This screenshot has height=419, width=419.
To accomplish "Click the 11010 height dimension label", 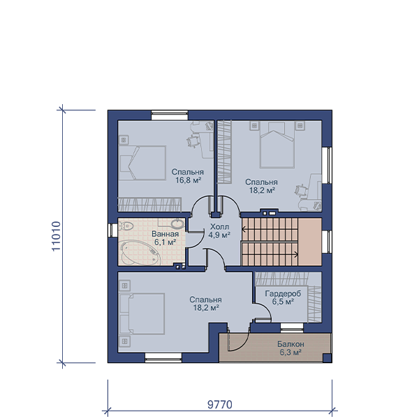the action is point(57,236).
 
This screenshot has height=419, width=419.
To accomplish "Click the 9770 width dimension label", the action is point(220,404).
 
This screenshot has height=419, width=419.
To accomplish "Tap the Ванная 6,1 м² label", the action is point(165,238).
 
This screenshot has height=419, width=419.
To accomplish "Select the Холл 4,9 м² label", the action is point(219,231).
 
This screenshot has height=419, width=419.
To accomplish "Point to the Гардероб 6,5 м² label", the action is point(283,297).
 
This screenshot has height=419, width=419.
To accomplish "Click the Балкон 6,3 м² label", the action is point(291,348).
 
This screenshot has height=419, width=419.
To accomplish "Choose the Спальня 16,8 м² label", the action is point(188,176).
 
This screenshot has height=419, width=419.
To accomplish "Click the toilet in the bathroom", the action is point(125,226).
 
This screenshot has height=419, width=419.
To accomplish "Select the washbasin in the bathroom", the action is point(177,223).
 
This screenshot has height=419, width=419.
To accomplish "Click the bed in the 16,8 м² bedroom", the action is point(142,163).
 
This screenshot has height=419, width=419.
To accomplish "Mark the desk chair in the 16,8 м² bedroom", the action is point(193,140).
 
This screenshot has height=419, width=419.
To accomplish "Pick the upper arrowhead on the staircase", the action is point(244,229).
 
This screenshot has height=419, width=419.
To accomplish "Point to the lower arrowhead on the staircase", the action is point(296,254).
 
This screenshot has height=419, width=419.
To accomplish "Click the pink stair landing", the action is point(309,242).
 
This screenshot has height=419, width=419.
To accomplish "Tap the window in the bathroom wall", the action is point(113,230).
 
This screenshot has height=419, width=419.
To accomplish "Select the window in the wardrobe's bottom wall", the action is point(292,328).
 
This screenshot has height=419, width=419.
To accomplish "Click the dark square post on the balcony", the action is point(327,358).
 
